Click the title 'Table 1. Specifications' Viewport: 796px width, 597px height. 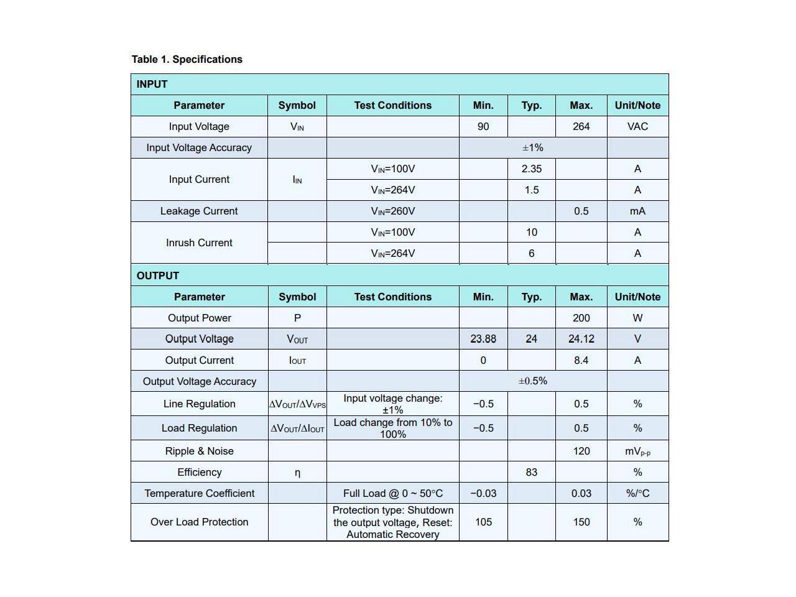click(187, 60)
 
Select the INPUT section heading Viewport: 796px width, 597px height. click(152, 85)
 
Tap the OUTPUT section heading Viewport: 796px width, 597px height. click(157, 276)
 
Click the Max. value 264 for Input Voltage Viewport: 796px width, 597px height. click(581, 127)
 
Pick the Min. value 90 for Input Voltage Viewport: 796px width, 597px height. click(483, 127)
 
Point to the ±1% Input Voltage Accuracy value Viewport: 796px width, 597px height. click(533, 148)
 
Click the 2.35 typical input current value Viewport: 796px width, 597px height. click(531, 169)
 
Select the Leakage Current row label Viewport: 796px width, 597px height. click(199, 211)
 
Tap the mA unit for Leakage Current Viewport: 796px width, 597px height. click(637, 211)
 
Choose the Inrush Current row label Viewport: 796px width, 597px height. click(199, 243)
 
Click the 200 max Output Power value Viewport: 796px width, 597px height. click(581, 318)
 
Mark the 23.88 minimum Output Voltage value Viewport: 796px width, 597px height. click(483, 340)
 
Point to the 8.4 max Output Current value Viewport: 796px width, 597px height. click(581, 361)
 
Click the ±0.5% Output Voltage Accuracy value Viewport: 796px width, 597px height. click(533, 381)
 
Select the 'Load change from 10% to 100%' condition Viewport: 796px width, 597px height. click(393, 428)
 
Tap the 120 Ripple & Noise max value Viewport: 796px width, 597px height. click(581, 451)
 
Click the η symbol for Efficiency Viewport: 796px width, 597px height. click(297, 473)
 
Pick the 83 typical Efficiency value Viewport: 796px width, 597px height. click(531, 473)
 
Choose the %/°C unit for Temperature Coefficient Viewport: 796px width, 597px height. click(637, 494)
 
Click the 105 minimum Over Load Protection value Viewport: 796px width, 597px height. click(483, 522)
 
